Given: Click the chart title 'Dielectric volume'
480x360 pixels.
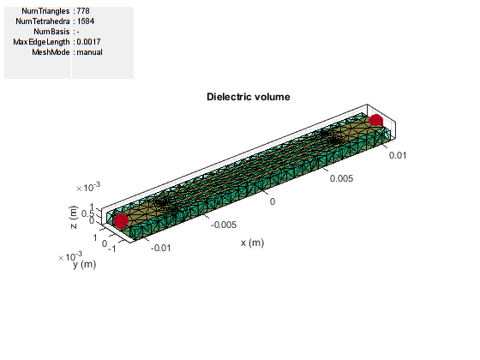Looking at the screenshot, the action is coord(249,97).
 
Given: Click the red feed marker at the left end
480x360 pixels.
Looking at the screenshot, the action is coord(121,221).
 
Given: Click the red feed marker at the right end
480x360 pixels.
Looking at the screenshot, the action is coord(375,120).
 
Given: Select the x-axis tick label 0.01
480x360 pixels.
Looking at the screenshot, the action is coord(398,155).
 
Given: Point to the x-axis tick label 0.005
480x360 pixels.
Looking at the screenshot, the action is coord(341,178).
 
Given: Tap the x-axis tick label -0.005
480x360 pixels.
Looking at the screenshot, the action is coord(224,225).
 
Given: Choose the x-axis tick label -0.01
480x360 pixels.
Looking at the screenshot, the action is coord(161,248).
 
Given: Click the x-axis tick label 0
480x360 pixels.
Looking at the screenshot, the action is coord(273,201).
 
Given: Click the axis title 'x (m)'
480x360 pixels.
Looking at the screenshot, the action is coord(252,243).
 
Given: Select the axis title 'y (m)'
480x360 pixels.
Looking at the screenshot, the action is coord(85,264).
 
